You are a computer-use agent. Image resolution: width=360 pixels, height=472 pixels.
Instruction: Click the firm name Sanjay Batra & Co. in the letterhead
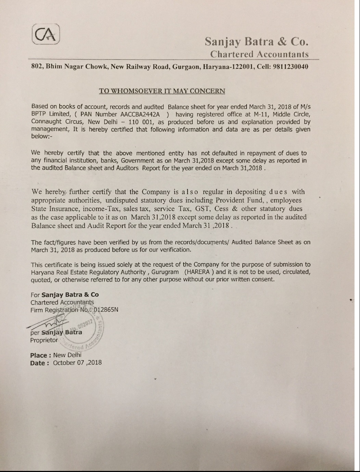(257, 42)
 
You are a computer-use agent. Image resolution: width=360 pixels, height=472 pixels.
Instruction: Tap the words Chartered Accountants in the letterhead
(259, 54)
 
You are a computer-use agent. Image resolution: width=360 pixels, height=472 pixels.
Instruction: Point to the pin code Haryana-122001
(228, 66)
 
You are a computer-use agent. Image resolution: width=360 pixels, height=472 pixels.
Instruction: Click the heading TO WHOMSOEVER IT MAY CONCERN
(162, 91)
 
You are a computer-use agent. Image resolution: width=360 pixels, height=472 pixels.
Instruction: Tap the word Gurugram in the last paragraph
(166, 272)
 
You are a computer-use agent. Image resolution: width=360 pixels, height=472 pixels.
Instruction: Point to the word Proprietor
(44, 340)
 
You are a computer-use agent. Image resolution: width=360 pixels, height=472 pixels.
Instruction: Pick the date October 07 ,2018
(77, 363)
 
